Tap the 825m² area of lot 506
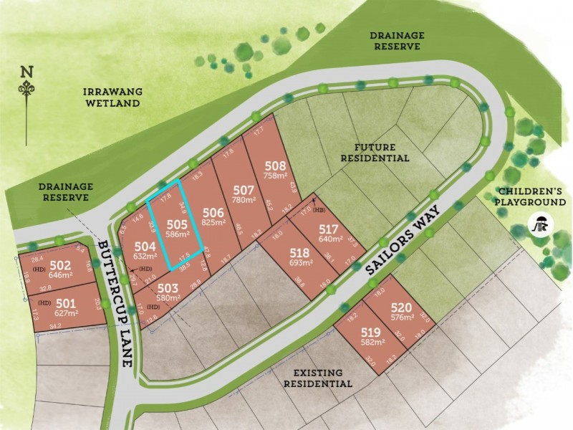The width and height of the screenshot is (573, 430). (213, 224)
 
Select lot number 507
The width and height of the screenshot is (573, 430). (244, 190)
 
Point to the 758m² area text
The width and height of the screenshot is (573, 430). (276, 174)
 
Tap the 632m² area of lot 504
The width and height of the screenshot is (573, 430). (144, 256)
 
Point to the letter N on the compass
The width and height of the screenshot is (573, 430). (27, 71)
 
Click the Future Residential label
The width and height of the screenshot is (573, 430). (375, 151)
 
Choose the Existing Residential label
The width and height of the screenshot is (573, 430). (318, 378)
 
